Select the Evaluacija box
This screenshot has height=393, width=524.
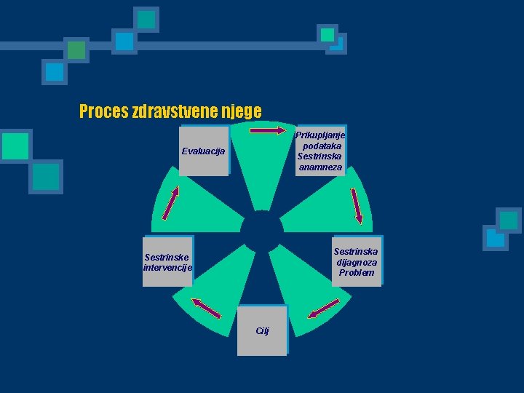(204, 151)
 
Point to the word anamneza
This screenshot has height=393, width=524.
(320, 167)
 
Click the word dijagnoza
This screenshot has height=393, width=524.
(357, 262)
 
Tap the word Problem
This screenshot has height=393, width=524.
(357, 273)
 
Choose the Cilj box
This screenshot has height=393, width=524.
(262, 330)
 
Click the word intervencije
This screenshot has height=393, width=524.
(167, 268)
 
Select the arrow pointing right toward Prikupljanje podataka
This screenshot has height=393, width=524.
(269, 131)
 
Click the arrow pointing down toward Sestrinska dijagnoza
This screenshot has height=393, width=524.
(357, 205)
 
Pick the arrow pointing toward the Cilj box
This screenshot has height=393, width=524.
(323, 311)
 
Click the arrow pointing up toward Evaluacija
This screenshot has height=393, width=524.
(170, 202)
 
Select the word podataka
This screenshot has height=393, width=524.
(320, 146)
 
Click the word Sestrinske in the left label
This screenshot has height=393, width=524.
(167, 257)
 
